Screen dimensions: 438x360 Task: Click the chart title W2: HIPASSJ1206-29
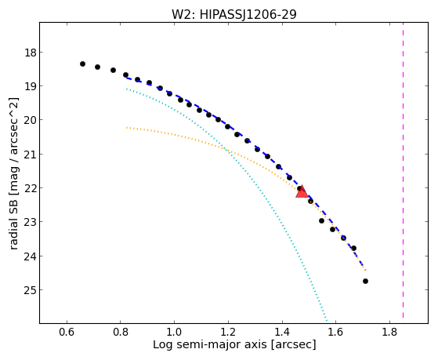233,14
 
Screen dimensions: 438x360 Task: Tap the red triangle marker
302,192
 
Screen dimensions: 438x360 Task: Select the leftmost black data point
82,64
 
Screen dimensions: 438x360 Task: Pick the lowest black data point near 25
365,281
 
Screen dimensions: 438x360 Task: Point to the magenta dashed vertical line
403,170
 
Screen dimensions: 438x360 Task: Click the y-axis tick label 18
30,53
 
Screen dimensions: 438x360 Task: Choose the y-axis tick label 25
30,290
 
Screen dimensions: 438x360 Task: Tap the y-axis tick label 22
30,188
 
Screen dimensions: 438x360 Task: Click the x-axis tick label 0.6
67,332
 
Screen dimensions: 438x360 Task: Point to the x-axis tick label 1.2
228,332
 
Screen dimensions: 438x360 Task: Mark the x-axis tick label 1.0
174,332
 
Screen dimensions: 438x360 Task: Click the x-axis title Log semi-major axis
209,345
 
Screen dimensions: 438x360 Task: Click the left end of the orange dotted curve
126,128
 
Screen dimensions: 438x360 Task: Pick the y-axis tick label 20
30,120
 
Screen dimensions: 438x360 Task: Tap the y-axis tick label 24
30,256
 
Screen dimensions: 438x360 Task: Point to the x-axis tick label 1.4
282,332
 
